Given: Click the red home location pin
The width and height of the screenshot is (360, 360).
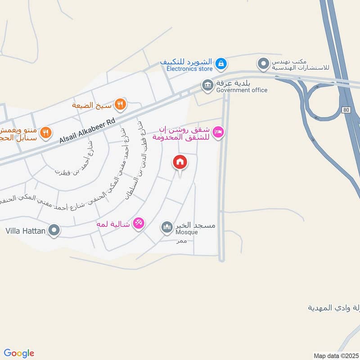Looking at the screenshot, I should (x=180, y=162).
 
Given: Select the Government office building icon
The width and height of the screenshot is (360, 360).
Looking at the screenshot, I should (x=207, y=85).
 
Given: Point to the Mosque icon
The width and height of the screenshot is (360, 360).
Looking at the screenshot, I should (x=167, y=228).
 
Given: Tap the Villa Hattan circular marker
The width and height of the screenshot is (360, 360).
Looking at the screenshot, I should (x=54, y=231).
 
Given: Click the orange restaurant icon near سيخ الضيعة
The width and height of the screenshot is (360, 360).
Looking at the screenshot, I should (x=120, y=105).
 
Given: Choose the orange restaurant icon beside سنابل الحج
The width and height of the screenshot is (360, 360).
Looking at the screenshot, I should (x=45, y=133).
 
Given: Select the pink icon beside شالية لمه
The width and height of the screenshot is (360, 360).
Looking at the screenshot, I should (x=139, y=223).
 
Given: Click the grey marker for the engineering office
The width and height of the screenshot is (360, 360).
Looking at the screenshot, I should (x=263, y=64).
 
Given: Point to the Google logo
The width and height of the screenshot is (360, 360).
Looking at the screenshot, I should (x=19, y=353).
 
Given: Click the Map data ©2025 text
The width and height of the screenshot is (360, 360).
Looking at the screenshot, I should (x=335, y=355).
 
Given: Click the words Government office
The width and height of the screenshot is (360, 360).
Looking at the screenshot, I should (x=242, y=90).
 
